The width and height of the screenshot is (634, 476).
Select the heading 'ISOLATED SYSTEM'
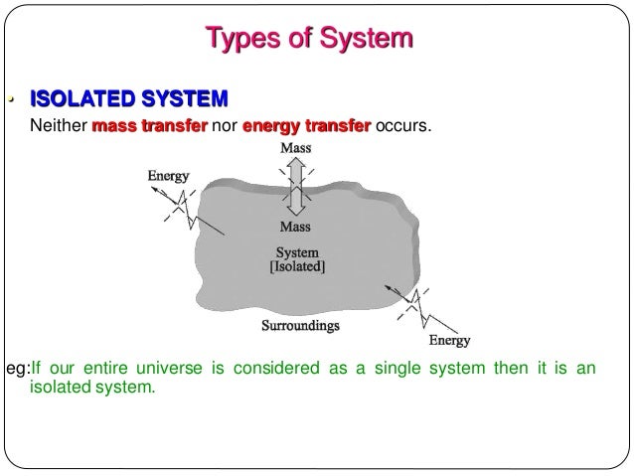click(x=129, y=99)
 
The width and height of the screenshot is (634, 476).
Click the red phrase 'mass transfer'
click(x=149, y=127)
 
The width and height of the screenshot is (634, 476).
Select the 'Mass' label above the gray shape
click(x=295, y=148)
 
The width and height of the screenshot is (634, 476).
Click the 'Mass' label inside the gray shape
click(x=294, y=228)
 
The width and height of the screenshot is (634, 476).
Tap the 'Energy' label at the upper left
click(x=168, y=176)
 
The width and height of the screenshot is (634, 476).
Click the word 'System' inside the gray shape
click(x=297, y=251)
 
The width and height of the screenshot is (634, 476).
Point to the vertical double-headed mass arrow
click(x=295, y=188)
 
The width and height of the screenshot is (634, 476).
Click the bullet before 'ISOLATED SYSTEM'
click(x=10, y=99)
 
